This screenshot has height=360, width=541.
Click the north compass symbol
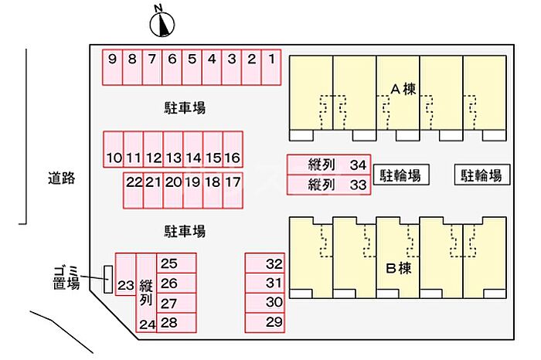tap(162, 24)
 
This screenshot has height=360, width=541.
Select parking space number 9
tap(113, 67)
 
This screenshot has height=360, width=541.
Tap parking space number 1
tap(271, 67)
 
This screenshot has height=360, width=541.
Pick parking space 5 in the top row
tap(192, 67)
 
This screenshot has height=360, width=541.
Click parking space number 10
tap(114, 149)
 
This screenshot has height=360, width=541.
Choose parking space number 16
tap(233, 149)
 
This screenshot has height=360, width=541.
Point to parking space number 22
tap(133, 190)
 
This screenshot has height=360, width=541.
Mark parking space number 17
tap(233, 190)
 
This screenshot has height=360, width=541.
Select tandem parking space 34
tap(328, 165)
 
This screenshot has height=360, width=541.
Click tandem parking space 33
tap(328, 185)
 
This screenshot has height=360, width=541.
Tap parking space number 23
tap(125, 274)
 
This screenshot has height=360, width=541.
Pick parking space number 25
tap(176, 263)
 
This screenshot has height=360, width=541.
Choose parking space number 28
tap(176, 323)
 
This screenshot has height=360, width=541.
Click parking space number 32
tap(265, 263)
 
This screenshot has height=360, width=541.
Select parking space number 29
tap(265, 323)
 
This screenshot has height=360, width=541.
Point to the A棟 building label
tap(403, 90)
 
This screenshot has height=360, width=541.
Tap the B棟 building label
tap(399, 268)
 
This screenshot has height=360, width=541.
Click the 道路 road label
tap(61, 178)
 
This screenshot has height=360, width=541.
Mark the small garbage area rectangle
tap(108, 280)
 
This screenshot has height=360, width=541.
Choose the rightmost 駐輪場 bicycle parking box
tap(482, 175)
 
